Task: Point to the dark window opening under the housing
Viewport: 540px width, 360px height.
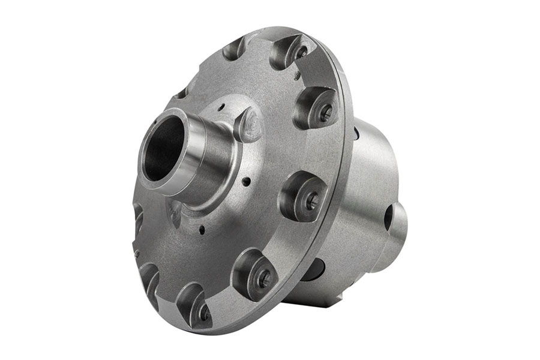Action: click(312, 270)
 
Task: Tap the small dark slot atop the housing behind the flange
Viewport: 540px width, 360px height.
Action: click(356, 133)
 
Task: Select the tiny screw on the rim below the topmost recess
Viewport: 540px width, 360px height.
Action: click(298, 76)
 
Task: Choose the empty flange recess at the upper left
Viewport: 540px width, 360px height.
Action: click(234, 48)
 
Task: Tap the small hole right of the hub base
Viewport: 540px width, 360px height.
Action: click(246, 179)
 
